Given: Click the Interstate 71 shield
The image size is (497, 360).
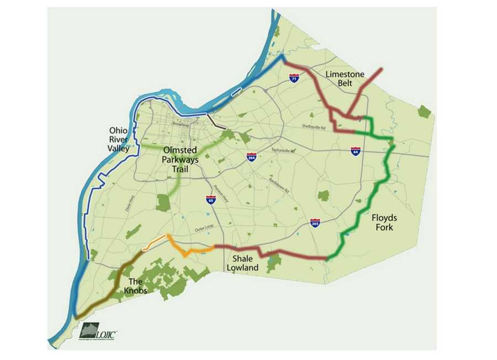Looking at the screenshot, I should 294,78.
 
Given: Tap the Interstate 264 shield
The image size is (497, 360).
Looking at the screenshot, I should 251,157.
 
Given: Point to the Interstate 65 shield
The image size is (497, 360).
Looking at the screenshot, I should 210,200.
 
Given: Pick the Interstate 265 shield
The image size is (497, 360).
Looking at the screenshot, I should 315,223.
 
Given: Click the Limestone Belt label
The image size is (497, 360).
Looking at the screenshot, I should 345,78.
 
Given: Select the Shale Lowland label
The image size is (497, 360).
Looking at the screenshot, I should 242,263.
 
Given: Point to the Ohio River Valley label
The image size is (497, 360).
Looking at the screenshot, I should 119,139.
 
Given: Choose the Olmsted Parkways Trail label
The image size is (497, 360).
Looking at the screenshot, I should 179,159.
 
